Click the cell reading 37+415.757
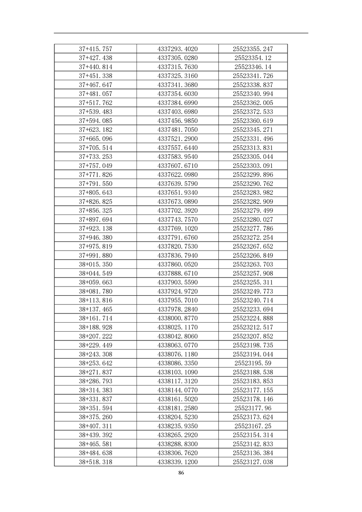click(x=95, y=49)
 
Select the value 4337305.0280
click(x=178, y=58)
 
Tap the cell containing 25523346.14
click(x=252, y=67)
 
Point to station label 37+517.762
click(x=95, y=103)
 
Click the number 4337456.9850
click(x=178, y=120)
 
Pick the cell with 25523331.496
click(x=252, y=139)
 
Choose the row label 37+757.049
click(x=95, y=166)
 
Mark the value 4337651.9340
click(x=178, y=193)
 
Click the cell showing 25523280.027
click(x=252, y=219)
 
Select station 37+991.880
click(x=95, y=256)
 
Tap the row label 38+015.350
click(x=95, y=264)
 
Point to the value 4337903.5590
click(x=178, y=282)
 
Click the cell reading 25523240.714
click(x=252, y=300)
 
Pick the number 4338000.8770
click(x=178, y=318)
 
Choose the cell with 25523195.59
click(x=252, y=363)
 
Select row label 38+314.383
click(x=95, y=390)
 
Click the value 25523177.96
click(x=252, y=408)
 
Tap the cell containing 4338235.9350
click(x=178, y=426)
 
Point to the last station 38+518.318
click(x=95, y=462)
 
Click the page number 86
click(x=181, y=473)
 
